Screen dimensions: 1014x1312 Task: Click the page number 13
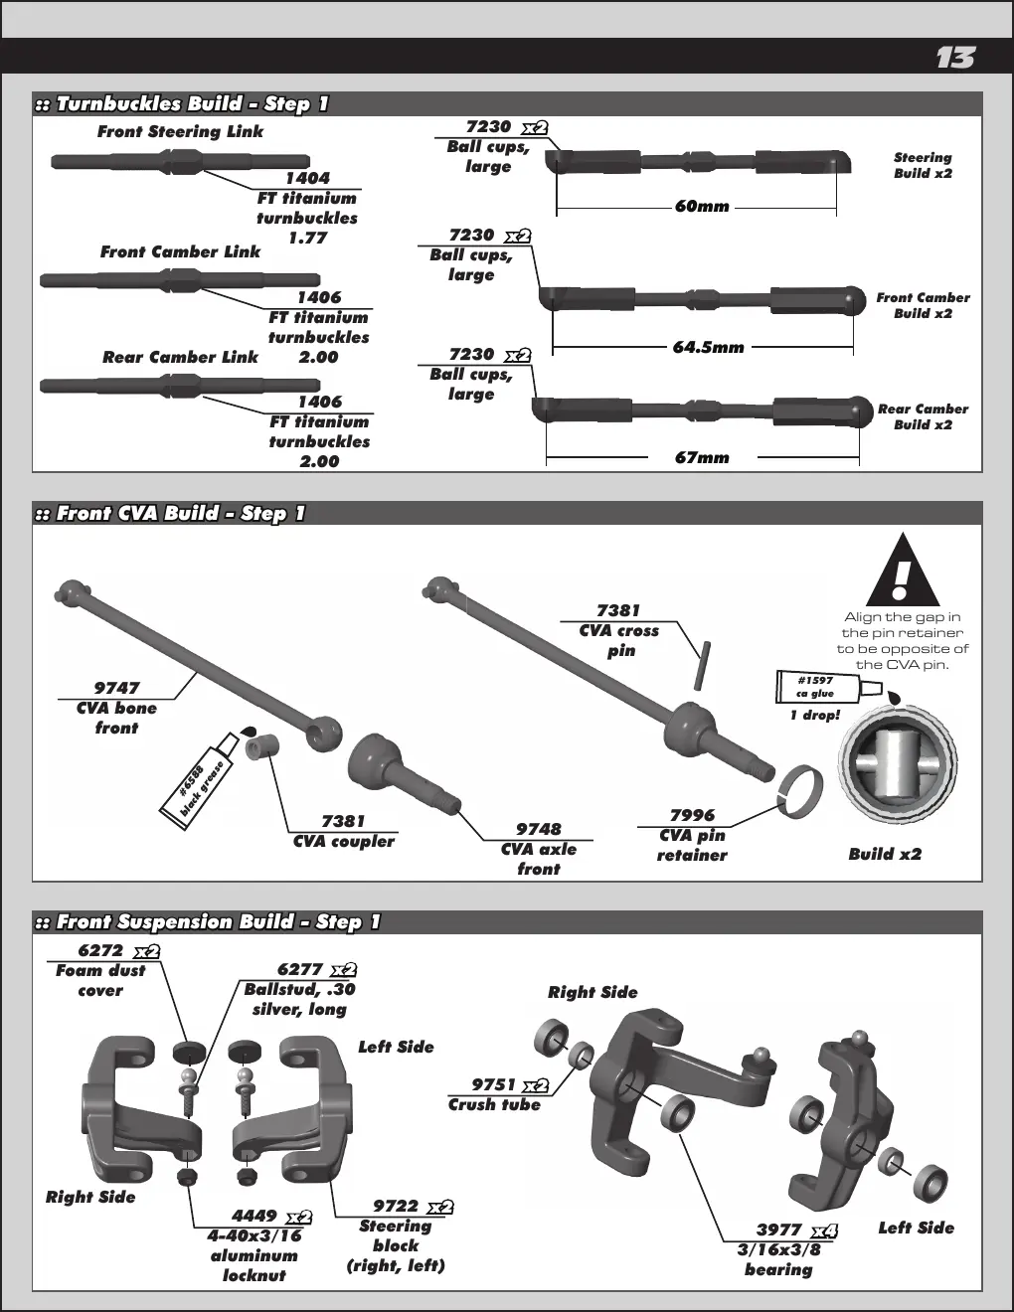[955, 58]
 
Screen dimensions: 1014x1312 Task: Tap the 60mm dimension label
[702, 206]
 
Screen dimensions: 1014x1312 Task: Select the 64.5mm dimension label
[708, 347]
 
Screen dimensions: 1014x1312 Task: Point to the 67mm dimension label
[702, 457]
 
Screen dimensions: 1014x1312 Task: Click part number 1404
[307, 178]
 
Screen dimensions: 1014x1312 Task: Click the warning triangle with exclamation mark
[903, 570]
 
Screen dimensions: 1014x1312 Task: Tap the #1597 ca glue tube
[828, 687]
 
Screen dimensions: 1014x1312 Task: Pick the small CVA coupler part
[262, 746]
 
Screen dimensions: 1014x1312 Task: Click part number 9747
[116, 688]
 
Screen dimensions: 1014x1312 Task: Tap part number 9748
[538, 829]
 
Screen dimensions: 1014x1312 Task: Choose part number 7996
[692, 816]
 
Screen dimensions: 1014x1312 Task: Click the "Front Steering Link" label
[181, 131]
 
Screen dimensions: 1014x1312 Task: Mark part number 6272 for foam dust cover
[100, 950]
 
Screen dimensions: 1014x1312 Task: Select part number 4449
[253, 1216]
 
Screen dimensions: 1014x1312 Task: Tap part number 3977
[779, 1230]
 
